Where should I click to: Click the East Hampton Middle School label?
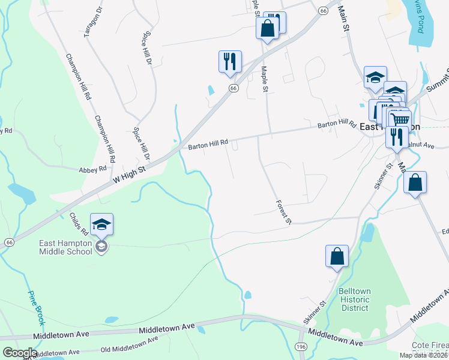(x=66, y=247)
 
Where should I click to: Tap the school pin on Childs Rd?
(x=101, y=225)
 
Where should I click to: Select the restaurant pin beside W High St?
(x=230, y=62)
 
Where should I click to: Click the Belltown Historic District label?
(x=355, y=299)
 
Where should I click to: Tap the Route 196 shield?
(x=301, y=347)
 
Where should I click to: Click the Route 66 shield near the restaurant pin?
(x=234, y=88)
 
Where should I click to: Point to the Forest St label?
(x=283, y=212)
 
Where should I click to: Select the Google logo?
(x=19, y=353)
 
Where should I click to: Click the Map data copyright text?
(x=423, y=355)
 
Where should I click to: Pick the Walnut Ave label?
(x=420, y=145)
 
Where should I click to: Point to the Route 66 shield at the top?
(x=323, y=11)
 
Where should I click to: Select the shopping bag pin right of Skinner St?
(x=415, y=182)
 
